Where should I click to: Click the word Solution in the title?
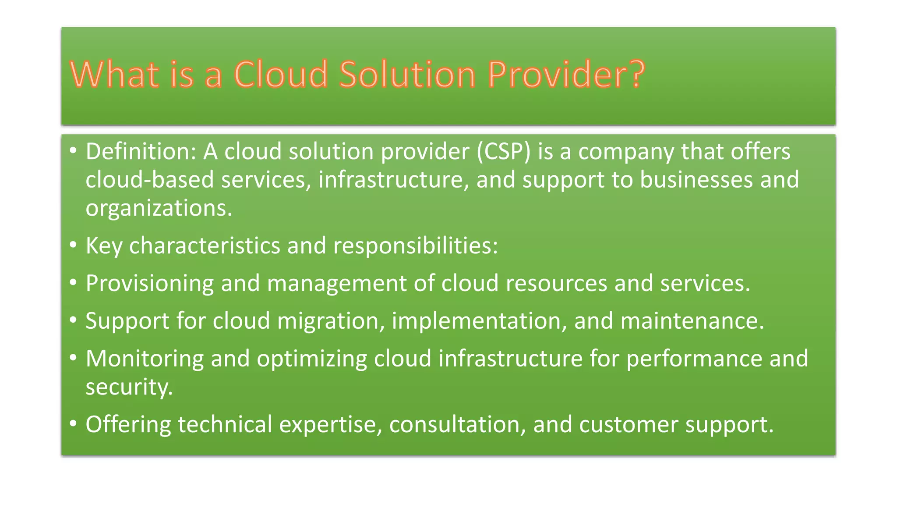[407, 75]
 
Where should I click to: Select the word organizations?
[159, 208]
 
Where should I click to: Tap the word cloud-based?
[149, 180]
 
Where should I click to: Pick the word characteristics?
[205, 245]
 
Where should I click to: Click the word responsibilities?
[415, 245]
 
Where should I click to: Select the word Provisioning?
[149, 283]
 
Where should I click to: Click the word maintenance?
[692, 321]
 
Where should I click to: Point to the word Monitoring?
[145, 359]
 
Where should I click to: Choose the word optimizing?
[312, 359]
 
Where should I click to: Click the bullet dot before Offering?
[73, 424]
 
